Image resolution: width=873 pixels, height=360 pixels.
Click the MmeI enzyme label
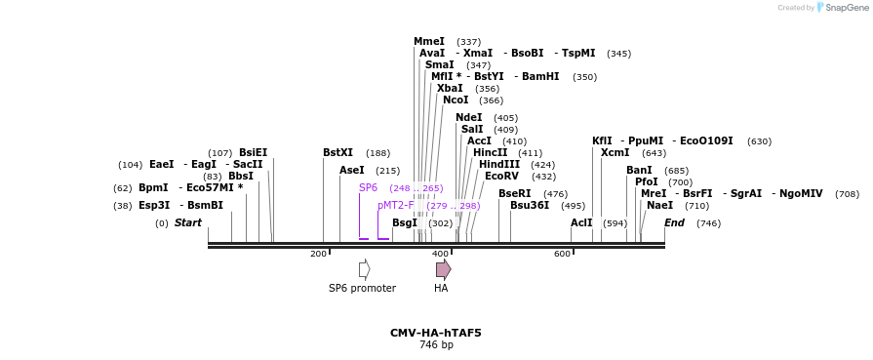point(428,41)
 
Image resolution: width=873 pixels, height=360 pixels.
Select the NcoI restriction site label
point(455,100)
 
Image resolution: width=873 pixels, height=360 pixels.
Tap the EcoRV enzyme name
point(501,176)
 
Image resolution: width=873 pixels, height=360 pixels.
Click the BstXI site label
point(337,152)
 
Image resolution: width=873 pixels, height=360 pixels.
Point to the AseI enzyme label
point(351,170)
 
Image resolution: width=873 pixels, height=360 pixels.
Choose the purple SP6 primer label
point(368,187)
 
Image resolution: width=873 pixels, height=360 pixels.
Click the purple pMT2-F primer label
point(396,205)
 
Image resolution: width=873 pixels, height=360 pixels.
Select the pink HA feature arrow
point(443,269)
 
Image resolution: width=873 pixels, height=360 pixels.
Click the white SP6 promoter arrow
point(364,269)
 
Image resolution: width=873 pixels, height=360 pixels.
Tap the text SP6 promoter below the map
point(362,288)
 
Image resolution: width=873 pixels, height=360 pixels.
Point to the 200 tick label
point(318,254)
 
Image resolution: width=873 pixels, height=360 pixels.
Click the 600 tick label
point(562,254)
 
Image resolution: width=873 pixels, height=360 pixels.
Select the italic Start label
point(187,222)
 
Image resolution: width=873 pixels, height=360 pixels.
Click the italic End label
point(674,222)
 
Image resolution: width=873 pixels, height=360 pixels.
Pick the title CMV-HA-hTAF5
point(435,333)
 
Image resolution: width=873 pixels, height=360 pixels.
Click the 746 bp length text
point(435,344)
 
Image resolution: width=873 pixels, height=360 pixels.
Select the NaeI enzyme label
point(659,205)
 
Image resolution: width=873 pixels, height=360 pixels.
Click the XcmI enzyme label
point(615,152)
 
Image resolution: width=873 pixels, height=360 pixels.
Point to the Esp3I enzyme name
point(154,205)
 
